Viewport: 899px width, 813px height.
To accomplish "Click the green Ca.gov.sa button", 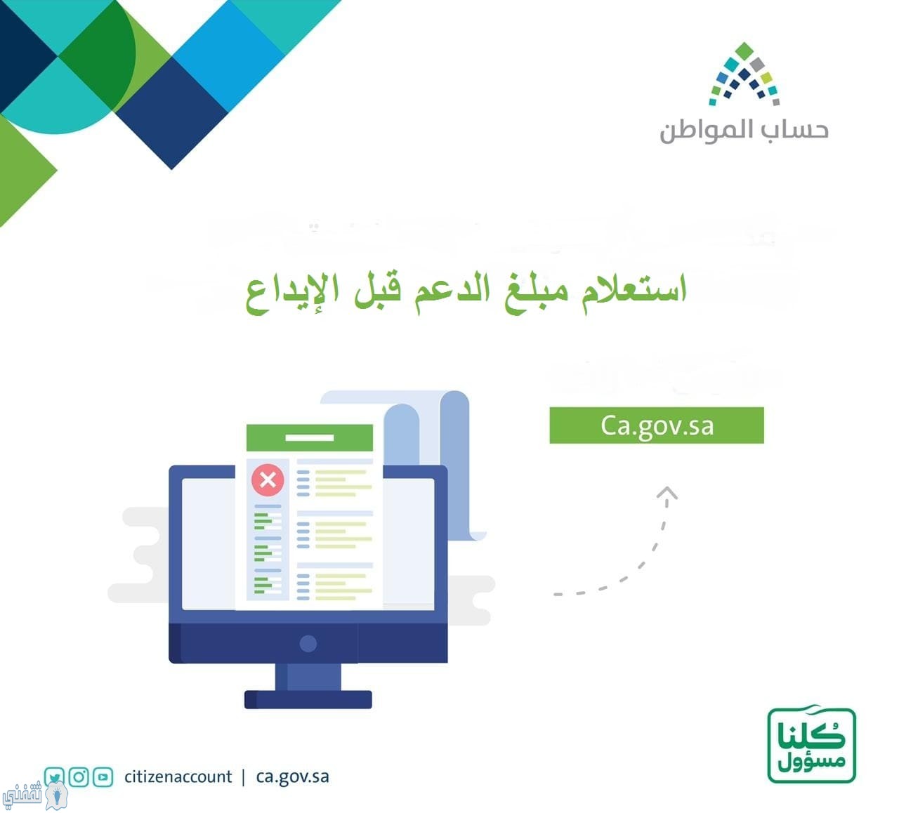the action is [x=657, y=425].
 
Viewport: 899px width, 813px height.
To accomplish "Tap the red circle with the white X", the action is [x=268, y=480].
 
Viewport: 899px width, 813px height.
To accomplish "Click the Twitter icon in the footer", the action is [x=55, y=776].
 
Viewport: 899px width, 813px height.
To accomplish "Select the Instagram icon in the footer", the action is [x=79, y=776].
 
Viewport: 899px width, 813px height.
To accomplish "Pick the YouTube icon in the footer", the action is [x=103, y=776].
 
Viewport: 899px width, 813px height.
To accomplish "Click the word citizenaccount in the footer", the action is [x=178, y=776].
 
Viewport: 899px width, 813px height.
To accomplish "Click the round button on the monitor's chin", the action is [x=308, y=644].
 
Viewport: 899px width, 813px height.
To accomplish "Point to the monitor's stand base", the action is [x=308, y=699].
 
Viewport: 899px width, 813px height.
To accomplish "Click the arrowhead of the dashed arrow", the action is [x=667, y=493].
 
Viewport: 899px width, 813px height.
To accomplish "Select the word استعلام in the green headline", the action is [x=634, y=291].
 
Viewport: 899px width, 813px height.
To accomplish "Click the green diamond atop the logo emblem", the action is [x=744, y=51].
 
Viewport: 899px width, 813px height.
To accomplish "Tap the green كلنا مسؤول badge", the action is [x=812, y=745].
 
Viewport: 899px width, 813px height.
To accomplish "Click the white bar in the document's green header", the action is [x=309, y=437].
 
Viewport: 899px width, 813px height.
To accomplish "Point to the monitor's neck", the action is [x=308, y=677].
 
